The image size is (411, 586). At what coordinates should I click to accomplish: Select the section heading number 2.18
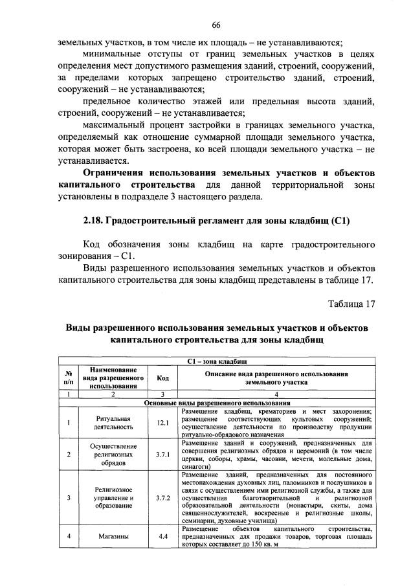(x=96, y=221)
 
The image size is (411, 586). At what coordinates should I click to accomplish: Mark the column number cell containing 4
(x=276, y=394)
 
